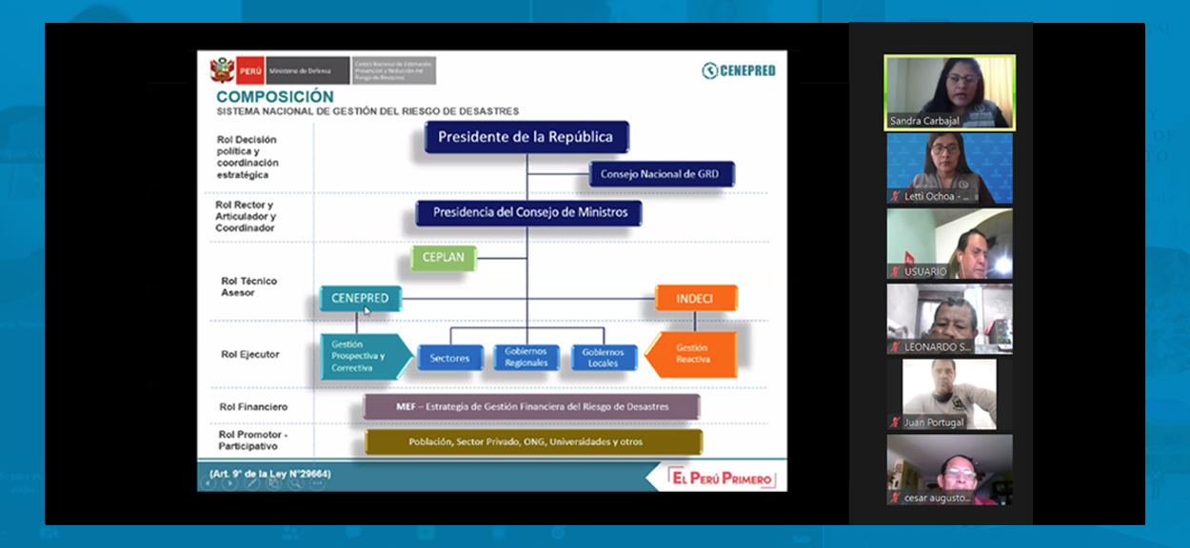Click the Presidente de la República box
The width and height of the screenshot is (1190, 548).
(x=526, y=137)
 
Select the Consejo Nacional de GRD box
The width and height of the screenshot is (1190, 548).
(x=662, y=174)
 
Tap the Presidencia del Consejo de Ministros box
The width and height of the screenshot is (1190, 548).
(x=529, y=212)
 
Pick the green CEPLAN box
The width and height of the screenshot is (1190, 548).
(x=443, y=257)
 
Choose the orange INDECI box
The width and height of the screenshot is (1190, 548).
(x=695, y=299)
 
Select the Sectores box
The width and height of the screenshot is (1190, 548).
(x=449, y=358)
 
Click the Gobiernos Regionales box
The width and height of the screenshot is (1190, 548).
(x=526, y=358)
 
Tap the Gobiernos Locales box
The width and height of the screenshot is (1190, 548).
(x=603, y=358)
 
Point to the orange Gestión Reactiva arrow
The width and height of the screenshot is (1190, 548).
(x=693, y=354)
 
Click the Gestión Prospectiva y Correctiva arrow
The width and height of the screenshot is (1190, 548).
(x=362, y=356)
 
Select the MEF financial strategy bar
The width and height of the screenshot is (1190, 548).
(x=532, y=407)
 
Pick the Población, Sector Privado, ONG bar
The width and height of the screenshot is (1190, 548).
(x=533, y=441)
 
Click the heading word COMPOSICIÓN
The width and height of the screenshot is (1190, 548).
(x=275, y=97)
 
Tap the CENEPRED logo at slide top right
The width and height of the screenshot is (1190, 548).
(x=739, y=70)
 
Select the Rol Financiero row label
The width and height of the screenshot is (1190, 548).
(x=254, y=407)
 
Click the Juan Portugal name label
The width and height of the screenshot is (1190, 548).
(x=933, y=422)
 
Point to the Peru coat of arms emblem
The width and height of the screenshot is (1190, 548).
(x=223, y=70)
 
